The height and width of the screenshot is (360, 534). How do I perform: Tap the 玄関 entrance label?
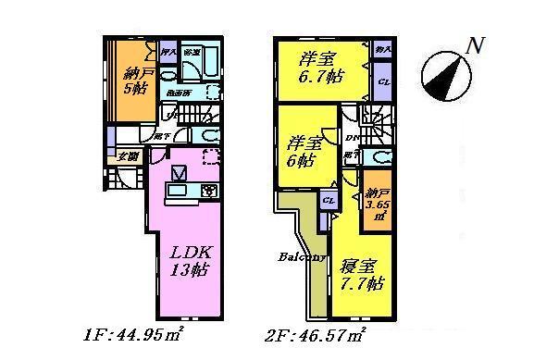pyautogui.click(x=126, y=155)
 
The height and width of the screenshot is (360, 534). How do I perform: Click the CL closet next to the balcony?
pyautogui.click(x=328, y=201)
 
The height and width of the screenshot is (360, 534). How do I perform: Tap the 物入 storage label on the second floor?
pyautogui.click(x=384, y=46)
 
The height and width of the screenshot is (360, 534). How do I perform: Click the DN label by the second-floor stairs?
pyautogui.click(x=352, y=139)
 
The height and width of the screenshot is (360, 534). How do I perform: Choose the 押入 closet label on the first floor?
pyautogui.click(x=168, y=53)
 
